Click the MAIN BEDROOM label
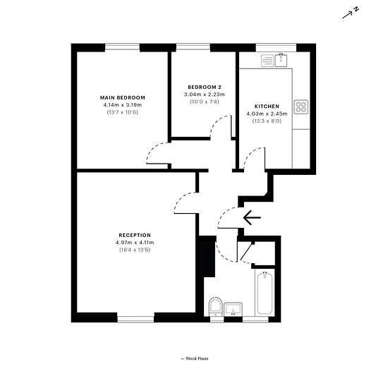pyautogui.click(x=123, y=97)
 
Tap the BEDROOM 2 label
pyautogui.click(x=205, y=87)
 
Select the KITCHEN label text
pyautogui.click(x=267, y=107)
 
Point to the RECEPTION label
pyautogui.click(x=135, y=235)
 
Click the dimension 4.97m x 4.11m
pyautogui.click(x=135, y=243)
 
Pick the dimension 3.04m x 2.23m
pyautogui.click(x=205, y=95)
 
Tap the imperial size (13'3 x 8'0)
pyautogui.click(x=267, y=121)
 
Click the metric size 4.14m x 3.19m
pyautogui.click(x=123, y=105)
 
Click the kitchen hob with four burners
pyautogui.click(x=301, y=107)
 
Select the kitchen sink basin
pyautogui.click(x=281, y=60)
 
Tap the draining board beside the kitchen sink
pyautogui.click(x=267, y=61)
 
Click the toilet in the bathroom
pyautogui.click(x=214, y=307)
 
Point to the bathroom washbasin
pyautogui.click(x=233, y=309)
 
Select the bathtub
pyautogui.click(x=265, y=293)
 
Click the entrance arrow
pyautogui.click(x=252, y=218)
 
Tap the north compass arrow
pyautogui.click(x=348, y=15)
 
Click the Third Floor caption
pyautogui.click(x=195, y=358)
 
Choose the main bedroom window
pyautogui.click(x=122, y=47)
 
